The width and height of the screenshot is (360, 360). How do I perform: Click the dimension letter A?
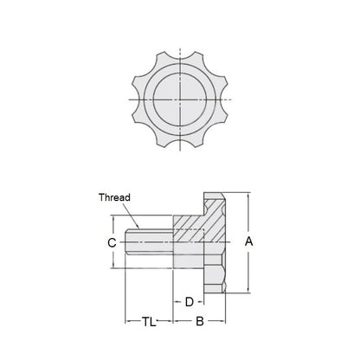click(249, 243)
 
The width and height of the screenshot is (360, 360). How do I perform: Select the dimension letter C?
click(111, 243)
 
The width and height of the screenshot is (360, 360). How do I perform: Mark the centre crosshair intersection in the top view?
click(181, 100)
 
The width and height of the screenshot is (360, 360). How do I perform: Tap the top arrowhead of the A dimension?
click(249, 196)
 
